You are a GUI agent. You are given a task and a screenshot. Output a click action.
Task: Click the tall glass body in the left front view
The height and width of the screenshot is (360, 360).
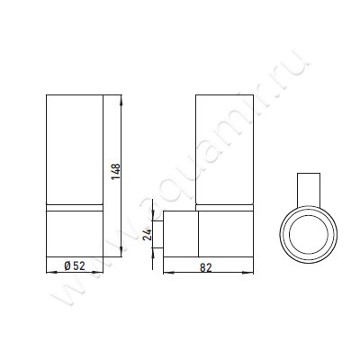click(75, 148)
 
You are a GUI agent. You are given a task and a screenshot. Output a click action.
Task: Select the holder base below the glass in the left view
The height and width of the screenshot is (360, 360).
click(75, 231)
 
